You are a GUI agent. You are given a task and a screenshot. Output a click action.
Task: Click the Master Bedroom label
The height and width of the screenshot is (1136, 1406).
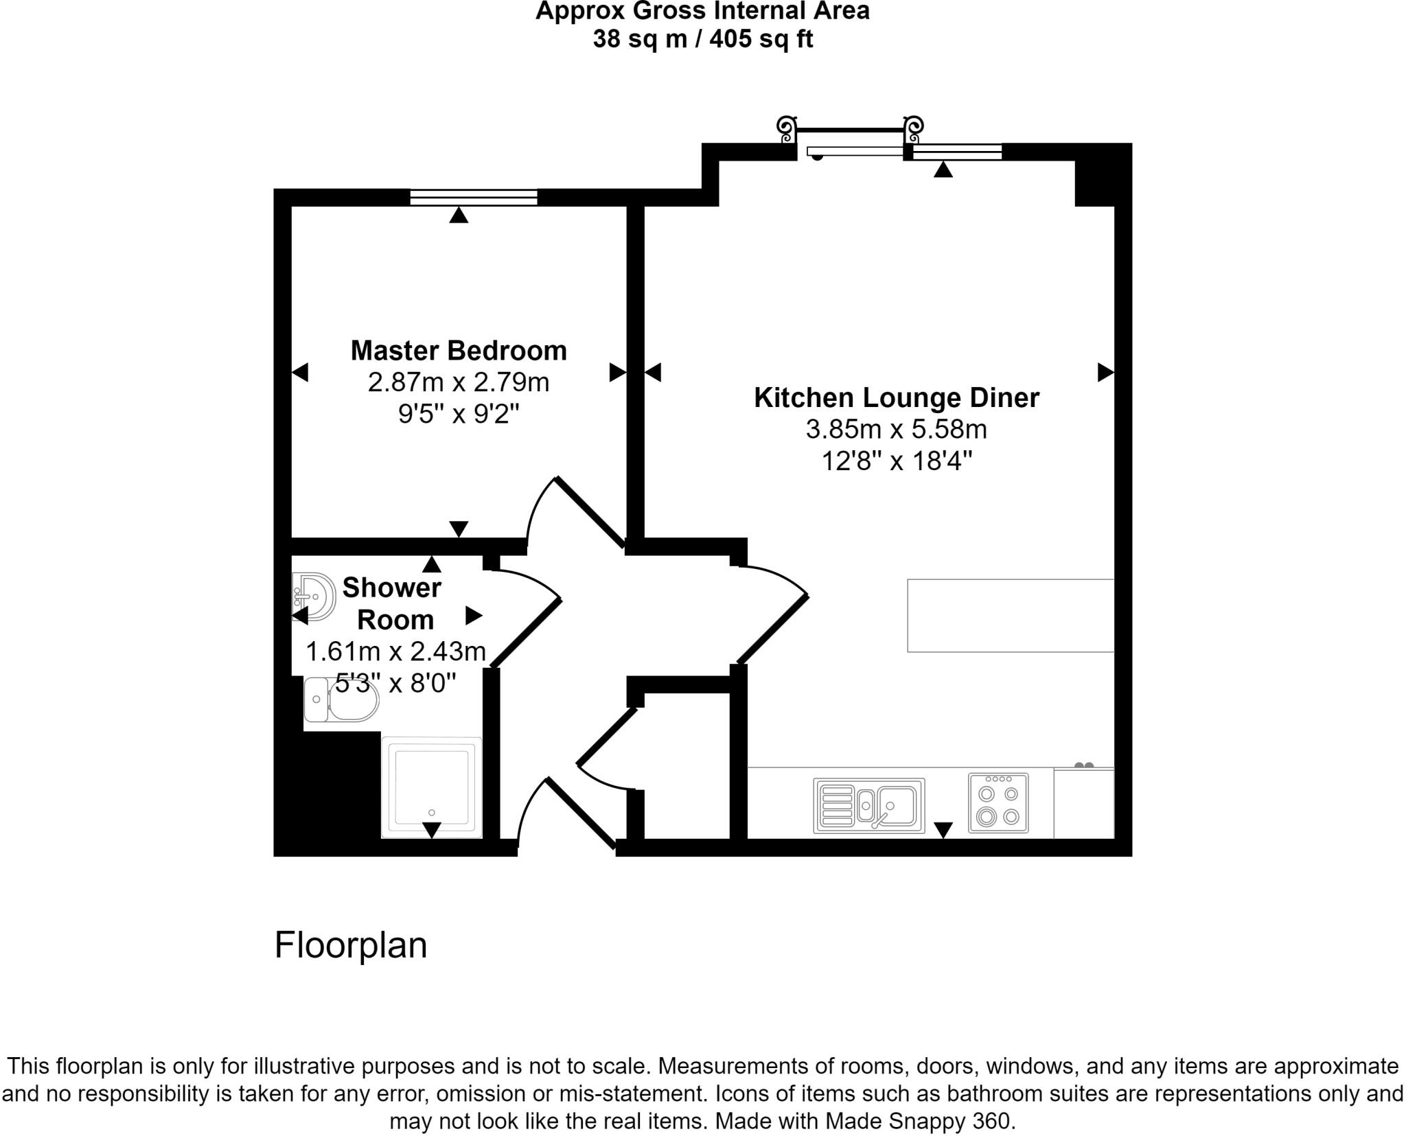[x=459, y=351]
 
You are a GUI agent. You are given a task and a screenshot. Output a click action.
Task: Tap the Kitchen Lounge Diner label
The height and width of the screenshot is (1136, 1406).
[x=897, y=398]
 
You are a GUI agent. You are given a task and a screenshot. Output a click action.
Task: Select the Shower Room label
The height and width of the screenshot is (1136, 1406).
[x=393, y=603]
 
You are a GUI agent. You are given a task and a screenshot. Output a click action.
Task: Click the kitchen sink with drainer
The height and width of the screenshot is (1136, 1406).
[x=868, y=805]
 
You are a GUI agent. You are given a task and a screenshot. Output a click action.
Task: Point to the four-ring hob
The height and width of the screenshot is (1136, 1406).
[x=998, y=803]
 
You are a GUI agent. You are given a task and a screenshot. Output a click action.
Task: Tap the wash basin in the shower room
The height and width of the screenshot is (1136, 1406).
[x=314, y=595]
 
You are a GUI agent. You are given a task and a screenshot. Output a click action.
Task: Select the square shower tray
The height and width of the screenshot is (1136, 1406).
[x=431, y=788]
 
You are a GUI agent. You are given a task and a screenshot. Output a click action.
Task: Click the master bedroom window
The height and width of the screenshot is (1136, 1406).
[x=474, y=198]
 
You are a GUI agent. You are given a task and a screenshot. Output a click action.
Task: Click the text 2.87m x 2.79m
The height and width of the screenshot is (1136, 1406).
[x=459, y=382]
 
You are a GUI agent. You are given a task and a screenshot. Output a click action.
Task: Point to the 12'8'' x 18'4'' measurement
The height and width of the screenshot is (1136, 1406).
[x=897, y=461]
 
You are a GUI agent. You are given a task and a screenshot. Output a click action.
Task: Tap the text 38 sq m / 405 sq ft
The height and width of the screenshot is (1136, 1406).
[x=702, y=39]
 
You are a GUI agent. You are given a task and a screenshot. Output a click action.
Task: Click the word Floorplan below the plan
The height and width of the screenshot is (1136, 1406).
[x=350, y=945]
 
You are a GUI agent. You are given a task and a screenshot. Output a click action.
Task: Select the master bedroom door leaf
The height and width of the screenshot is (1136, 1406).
[x=590, y=512]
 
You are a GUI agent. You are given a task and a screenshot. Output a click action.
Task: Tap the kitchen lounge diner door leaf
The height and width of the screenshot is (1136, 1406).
[x=772, y=631]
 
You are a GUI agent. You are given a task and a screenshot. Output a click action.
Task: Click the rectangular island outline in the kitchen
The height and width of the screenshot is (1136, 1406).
[x=1010, y=615]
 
